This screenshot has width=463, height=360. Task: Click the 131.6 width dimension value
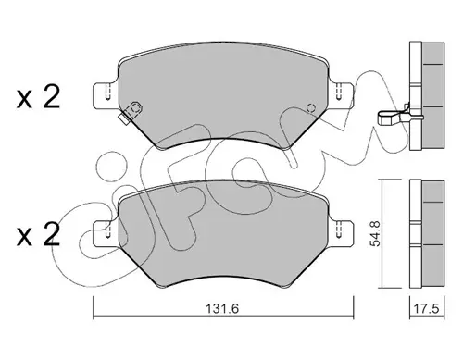(x=222, y=309)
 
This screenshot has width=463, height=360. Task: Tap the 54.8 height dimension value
(x=376, y=234)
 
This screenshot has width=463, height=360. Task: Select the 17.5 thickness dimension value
(x=426, y=309)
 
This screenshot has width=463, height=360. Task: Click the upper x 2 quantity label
(x=38, y=96)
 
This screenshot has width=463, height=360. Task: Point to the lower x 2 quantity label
(x=38, y=234)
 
